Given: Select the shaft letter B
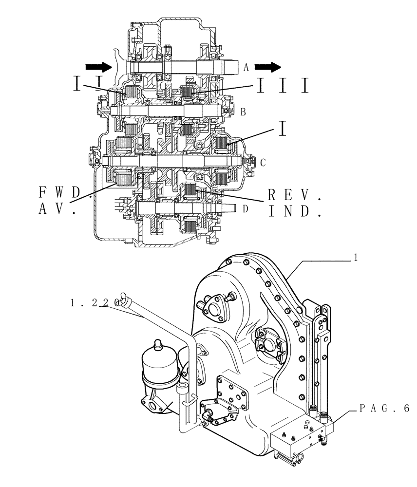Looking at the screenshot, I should tap(243, 112).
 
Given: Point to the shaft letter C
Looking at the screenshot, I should tap(263, 162).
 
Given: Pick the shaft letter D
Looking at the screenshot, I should tap(245, 209).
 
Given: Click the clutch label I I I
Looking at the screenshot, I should tap(282, 86).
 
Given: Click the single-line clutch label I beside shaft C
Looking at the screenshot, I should tap(282, 130).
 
